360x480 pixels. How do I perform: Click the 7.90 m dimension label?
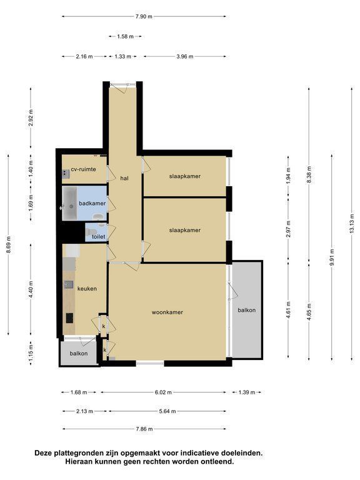(144, 16)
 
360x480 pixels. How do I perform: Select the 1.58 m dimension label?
(125, 36)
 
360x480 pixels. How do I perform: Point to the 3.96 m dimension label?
(184, 56)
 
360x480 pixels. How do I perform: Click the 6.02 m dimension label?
(163, 392)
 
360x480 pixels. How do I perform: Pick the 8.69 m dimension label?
(9, 244)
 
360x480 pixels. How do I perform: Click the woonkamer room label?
(167, 312)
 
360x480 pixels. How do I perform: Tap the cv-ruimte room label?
(83, 169)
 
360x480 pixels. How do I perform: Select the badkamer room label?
(92, 203)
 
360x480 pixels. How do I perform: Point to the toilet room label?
(98, 237)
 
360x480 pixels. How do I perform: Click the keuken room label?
(87, 289)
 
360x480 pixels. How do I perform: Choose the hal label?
(124, 178)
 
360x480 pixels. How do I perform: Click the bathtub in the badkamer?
(70, 202)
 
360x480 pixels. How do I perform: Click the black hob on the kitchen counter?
(70, 318)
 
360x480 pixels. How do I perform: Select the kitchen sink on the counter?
(69, 285)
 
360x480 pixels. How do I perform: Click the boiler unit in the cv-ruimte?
(66, 174)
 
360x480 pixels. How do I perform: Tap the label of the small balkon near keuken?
(79, 354)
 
